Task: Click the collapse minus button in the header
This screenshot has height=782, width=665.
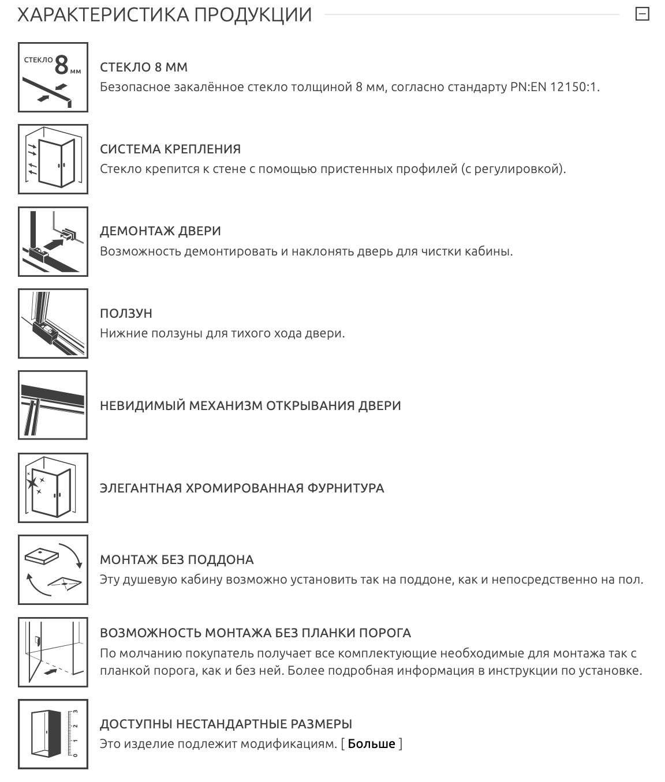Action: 642,14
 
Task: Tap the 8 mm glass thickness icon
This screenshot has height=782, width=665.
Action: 53,77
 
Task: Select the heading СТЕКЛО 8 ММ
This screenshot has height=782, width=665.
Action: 144,67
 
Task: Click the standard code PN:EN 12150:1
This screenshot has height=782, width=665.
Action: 555,87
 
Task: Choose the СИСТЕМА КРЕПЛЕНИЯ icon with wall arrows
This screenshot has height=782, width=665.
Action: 53,159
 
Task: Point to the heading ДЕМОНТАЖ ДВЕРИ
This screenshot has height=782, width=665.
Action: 160,231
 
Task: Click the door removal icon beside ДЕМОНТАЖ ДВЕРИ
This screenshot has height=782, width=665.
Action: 53,241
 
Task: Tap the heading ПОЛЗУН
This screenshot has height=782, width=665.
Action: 126,313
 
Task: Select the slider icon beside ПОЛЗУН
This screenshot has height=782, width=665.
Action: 53,324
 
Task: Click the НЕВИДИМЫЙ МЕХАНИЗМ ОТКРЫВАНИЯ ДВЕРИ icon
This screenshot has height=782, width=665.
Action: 53,405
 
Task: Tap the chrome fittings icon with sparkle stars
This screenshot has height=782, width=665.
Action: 53,488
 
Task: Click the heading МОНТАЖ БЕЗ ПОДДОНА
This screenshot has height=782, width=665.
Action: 177,559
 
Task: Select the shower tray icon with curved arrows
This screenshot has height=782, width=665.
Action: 53,570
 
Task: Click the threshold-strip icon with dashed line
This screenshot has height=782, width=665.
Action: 53,652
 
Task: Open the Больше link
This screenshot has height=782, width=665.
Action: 371,743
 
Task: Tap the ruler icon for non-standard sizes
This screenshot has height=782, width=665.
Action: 53,734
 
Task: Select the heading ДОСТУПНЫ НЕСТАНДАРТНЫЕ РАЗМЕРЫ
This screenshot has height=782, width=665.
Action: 226,724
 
